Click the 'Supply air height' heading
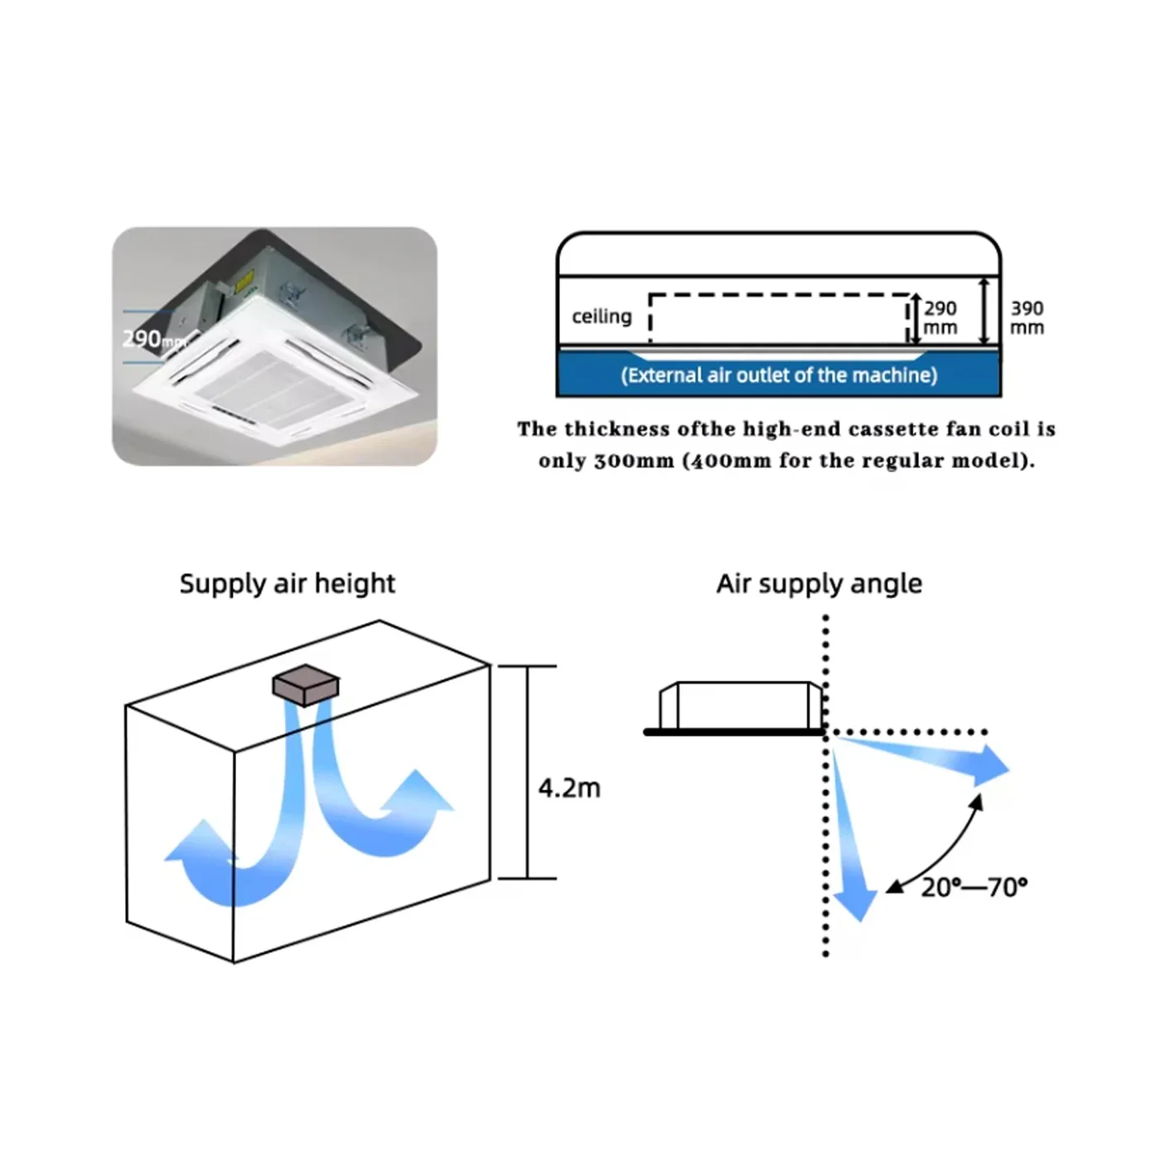click(287, 584)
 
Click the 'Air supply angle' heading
click(819, 584)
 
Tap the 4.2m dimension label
click(569, 789)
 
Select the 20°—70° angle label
click(974, 887)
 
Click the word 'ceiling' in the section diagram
click(602, 316)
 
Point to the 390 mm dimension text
click(1027, 318)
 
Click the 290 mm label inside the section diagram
click(940, 318)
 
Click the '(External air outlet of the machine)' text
click(779, 375)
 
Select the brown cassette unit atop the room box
click(305, 685)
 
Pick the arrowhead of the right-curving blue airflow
click(418, 793)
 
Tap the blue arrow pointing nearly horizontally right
click(923, 759)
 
